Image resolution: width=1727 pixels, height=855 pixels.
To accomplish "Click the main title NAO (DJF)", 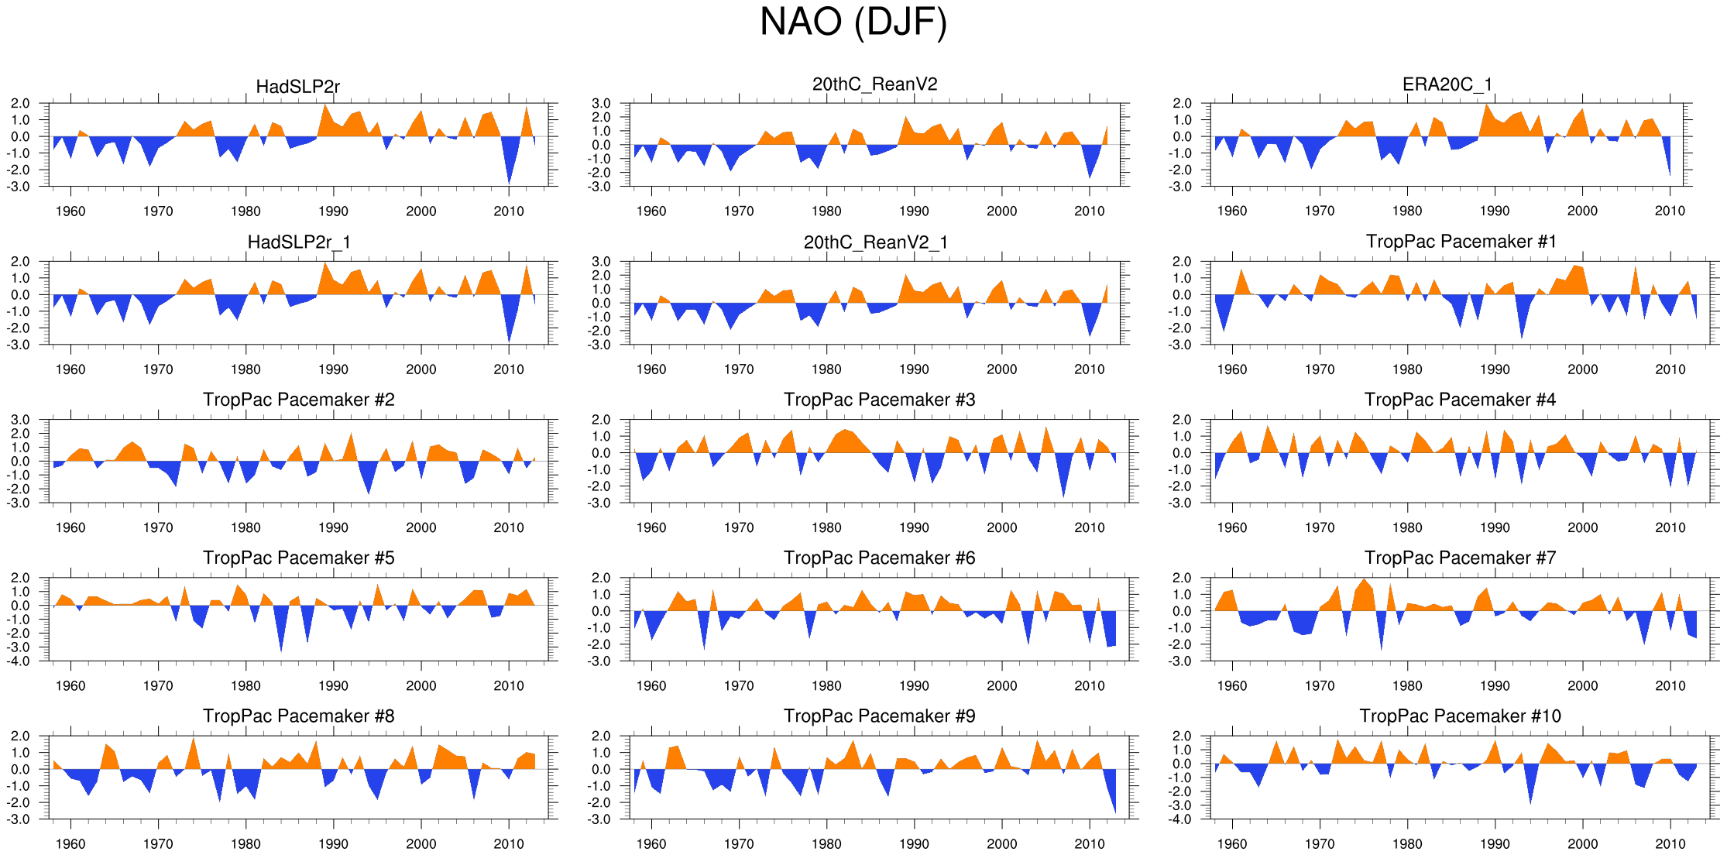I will click(x=853, y=22).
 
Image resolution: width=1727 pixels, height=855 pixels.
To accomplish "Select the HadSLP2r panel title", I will click(x=297, y=86).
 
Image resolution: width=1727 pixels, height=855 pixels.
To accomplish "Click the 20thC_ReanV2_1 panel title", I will click(x=875, y=242).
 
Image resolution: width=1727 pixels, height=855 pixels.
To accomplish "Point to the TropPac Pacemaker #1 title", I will click(x=1461, y=242).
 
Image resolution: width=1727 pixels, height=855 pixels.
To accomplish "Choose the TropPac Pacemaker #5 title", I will click(x=298, y=558).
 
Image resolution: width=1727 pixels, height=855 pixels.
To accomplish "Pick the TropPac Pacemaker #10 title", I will click(x=1460, y=716).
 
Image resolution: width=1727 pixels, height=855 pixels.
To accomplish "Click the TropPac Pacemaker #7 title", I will click(x=1460, y=558).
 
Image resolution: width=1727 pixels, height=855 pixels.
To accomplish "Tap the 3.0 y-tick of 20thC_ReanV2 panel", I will click(x=601, y=104).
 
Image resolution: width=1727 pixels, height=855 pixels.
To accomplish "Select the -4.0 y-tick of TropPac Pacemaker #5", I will click(x=20, y=661).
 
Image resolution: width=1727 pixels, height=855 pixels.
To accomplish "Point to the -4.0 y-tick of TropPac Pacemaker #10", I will click(x=1182, y=819).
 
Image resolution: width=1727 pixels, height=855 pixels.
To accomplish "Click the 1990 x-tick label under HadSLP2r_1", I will click(x=333, y=369).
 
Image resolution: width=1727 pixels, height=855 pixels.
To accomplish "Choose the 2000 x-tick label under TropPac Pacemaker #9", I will click(x=1001, y=844).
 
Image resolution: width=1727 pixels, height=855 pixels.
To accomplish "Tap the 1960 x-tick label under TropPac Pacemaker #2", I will click(x=70, y=527).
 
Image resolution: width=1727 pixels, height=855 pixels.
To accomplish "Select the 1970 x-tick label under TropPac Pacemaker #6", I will click(x=739, y=685).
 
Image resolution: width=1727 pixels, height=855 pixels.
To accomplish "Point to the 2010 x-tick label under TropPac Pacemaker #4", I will click(x=1670, y=527).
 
